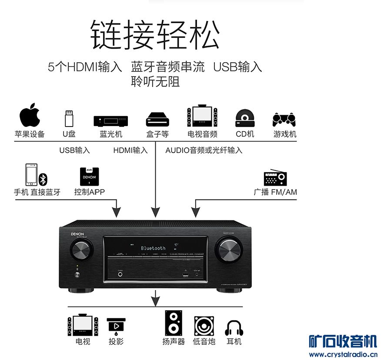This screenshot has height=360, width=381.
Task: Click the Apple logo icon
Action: tap(30, 115)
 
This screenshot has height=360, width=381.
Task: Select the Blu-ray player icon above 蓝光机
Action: tap(111, 120)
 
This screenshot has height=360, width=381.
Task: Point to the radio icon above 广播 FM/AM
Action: tap(275, 178)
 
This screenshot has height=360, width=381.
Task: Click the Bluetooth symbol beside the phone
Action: tap(43, 179)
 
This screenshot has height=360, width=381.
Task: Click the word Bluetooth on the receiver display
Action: tap(153, 248)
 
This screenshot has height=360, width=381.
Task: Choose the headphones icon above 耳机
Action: tap(234, 327)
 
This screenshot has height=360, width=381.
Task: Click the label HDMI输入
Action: tap(130, 150)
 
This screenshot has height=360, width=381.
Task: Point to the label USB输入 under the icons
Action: tap(74, 150)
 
